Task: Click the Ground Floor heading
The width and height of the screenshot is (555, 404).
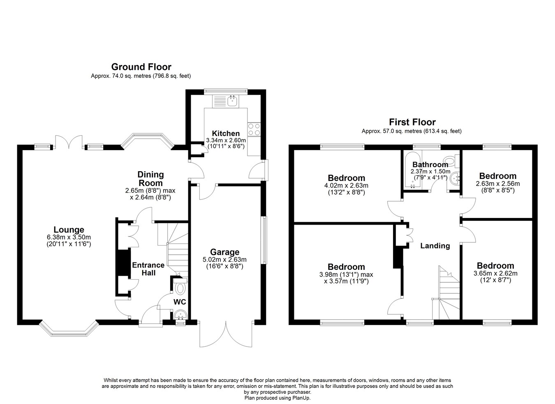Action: (141, 67)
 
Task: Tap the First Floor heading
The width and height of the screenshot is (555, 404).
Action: (412, 122)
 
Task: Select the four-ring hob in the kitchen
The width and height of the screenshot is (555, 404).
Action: (254, 130)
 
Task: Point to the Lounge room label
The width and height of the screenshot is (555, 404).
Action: (69, 230)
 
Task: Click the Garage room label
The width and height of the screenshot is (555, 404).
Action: (225, 252)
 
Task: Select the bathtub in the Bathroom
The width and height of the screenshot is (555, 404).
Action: (412, 170)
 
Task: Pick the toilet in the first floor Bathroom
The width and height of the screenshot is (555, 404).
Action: (451, 160)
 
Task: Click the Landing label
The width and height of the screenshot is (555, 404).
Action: (435, 246)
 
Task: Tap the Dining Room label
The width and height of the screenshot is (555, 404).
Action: (150, 179)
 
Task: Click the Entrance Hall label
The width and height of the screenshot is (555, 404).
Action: (148, 269)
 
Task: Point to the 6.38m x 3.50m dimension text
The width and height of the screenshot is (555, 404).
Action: (69, 237)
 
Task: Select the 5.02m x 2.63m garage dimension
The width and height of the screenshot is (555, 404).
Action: (225, 260)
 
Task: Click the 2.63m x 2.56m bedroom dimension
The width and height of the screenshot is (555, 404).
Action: (498, 184)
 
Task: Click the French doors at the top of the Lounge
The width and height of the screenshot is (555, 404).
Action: (69, 142)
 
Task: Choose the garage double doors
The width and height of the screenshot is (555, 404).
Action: (226, 334)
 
